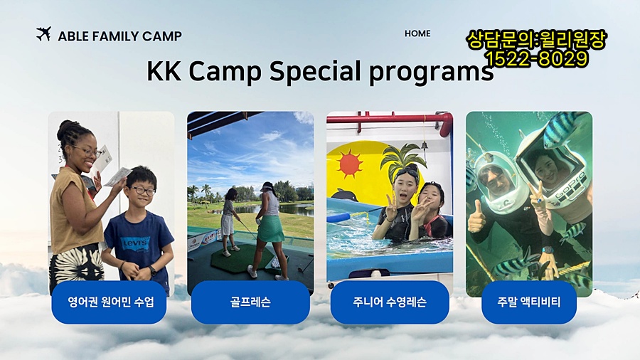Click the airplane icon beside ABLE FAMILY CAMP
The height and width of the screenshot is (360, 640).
[x=43, y=34]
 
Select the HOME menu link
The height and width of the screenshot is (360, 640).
[x=417, y=33]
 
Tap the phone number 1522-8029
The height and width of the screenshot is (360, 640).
[x=537, y=59]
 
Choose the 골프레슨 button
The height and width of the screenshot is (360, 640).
[x=250, y=302]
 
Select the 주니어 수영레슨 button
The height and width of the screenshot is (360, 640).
[x=390, y=302]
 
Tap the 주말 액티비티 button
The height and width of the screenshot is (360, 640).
[x=529, y=302]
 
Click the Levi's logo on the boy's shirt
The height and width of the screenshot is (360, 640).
[x=137, y=243]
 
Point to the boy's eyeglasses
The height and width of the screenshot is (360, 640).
[x=142, y=190]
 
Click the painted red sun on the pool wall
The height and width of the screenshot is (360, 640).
[x=349, y=163]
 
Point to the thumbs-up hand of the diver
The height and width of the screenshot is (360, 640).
[x=476, y=218]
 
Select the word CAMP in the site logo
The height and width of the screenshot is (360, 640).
[x=161, y=36]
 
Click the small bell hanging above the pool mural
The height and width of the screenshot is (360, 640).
[x=425, y=146]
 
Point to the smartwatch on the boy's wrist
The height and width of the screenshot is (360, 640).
[x=153, y=270]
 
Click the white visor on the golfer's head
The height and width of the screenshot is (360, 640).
[x=268, y=187]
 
